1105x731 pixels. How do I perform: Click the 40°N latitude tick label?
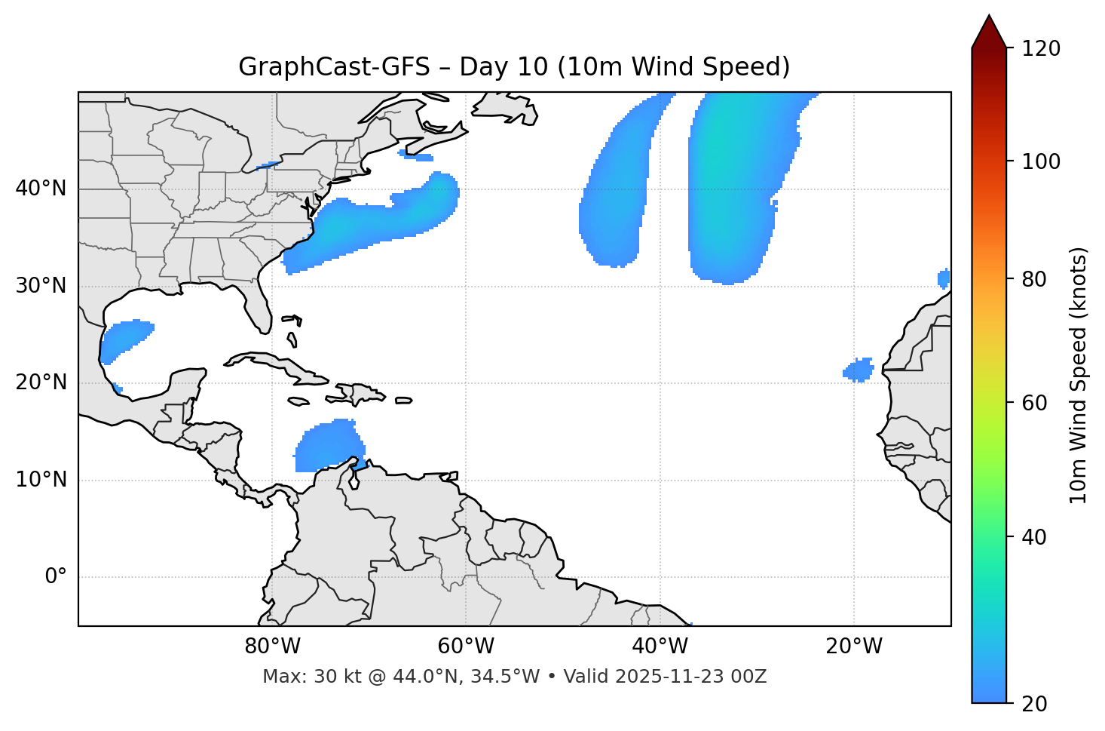41,189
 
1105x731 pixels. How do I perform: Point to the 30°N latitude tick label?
41,286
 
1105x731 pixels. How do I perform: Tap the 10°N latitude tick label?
41,480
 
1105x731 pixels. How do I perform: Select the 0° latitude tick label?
56,577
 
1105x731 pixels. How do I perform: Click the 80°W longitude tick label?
272,647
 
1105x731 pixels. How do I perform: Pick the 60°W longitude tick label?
466,647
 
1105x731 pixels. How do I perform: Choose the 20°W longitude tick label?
854,647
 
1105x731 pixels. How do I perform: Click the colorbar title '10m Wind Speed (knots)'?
1079,376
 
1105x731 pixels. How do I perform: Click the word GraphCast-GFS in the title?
333,67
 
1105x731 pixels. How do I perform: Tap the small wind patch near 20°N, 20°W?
859,370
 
